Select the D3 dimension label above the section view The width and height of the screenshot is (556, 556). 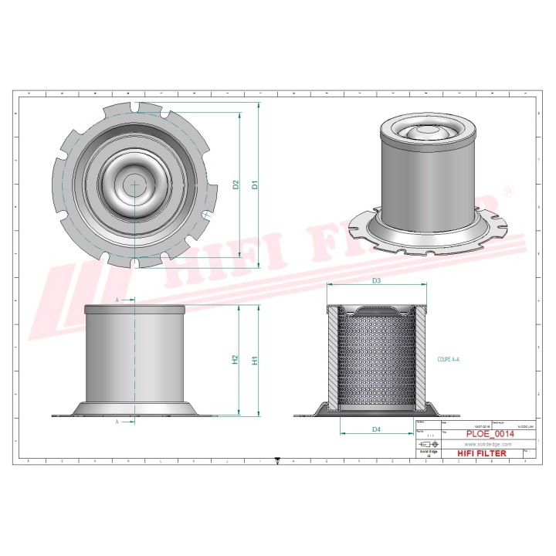pos(376,281)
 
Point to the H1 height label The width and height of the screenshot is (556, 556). pos(255,360)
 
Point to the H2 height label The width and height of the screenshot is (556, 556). pos(235,360)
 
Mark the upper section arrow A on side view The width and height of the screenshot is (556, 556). pos(118,299)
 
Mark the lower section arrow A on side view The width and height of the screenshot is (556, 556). pos(118,422)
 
